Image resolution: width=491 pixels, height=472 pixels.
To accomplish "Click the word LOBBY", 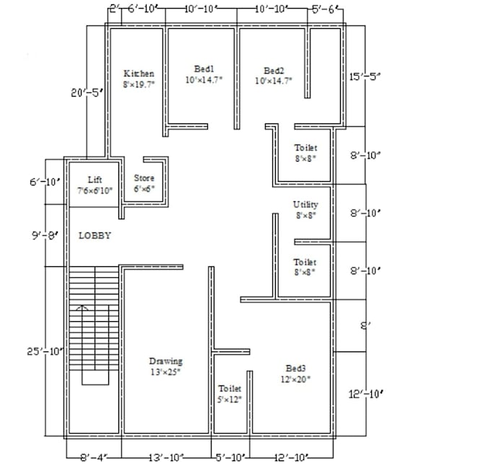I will click(x=95, y=235).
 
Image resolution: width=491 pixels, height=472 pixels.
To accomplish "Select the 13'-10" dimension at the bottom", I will click(x=166, y=458).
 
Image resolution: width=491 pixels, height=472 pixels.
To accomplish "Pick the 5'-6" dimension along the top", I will click(x=323, y=9).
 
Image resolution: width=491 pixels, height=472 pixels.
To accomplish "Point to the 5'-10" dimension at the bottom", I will click(x=230, y=458).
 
